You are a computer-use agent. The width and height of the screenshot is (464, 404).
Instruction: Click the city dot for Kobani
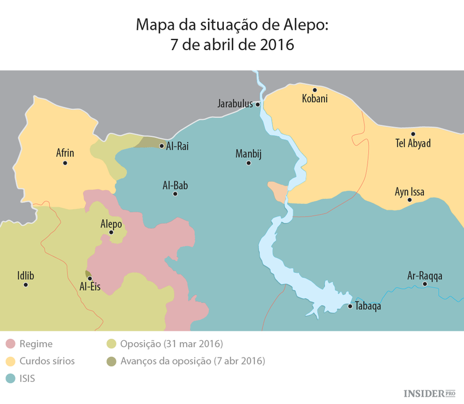click(x=314, y=89)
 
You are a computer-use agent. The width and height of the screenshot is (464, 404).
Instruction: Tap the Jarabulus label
click(x=235, y=104)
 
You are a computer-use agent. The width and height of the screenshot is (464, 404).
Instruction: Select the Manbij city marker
click(x=249, y=163)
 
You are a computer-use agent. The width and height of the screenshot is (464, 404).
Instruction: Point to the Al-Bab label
click(x=175, y=184)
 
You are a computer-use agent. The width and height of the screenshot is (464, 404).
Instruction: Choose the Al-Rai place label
click(x=178, y=146)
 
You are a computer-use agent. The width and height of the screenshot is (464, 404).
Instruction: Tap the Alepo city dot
click(x=111, y=233)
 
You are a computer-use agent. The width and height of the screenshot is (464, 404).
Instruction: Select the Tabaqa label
click(x=369, y=306)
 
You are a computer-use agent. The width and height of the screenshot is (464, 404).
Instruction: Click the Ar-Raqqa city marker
click(x=424, y=284)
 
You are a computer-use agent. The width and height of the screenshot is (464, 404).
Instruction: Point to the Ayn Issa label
click(x=410, y=192)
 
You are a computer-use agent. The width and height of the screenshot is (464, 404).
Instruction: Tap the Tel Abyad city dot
click(x=413, y=134)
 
